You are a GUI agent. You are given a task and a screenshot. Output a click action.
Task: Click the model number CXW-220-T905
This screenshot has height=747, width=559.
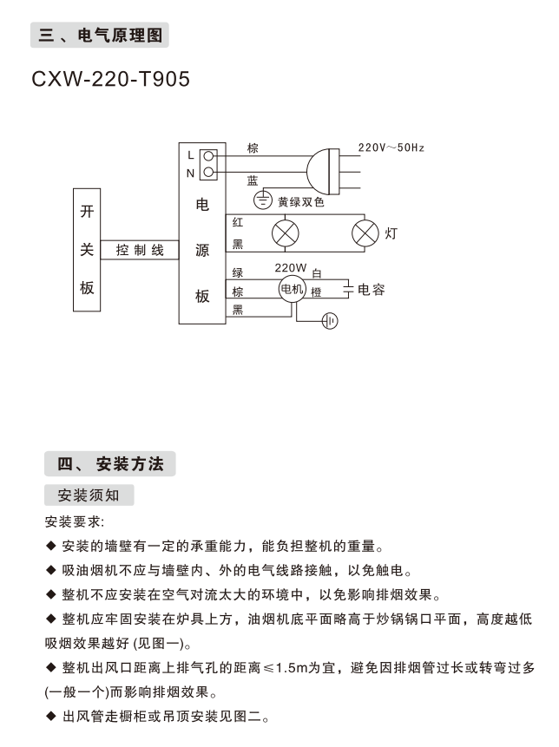110,79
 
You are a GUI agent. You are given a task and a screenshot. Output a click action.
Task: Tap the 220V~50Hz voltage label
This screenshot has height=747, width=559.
391,147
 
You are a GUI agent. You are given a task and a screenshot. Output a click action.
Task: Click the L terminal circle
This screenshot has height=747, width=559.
208,156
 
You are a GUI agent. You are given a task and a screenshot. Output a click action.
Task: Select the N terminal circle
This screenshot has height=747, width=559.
208,172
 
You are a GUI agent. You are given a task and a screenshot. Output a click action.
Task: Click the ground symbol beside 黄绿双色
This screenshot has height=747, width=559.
262,201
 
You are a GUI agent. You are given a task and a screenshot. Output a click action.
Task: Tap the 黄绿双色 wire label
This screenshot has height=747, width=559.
301,201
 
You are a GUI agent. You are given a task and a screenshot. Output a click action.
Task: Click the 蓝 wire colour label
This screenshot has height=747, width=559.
253,180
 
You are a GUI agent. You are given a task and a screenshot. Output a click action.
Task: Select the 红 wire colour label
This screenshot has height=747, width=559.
238,222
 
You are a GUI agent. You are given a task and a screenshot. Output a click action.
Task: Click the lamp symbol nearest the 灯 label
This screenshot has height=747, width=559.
365,233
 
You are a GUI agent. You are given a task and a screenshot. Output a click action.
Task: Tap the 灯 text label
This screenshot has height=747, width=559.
391,233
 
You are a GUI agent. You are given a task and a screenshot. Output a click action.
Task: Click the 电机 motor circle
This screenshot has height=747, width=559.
292,290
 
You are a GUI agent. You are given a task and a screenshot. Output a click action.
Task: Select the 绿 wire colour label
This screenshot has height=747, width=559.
238,272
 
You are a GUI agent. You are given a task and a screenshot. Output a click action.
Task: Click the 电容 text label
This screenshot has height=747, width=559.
372,289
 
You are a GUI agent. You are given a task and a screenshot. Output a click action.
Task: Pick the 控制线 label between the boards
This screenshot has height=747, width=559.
140,250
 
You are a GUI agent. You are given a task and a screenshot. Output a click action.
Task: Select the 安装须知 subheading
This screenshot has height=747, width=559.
89,496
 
